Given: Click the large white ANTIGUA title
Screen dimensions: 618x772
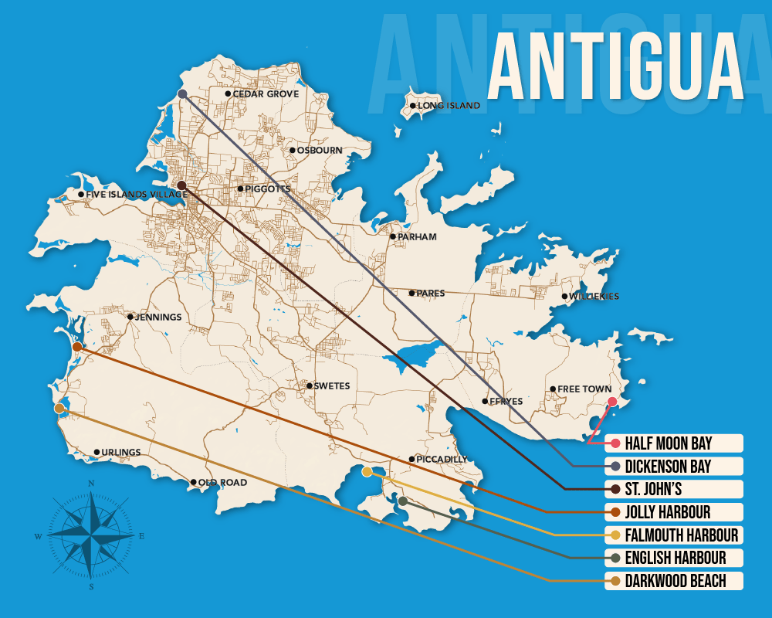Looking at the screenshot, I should pyautogui.click(x=615, y=66).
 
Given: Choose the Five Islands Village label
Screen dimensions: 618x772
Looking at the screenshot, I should pyautogui.click(x=135, y=195).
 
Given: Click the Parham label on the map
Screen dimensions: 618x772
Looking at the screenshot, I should pyautogui.click(x=417, y=237).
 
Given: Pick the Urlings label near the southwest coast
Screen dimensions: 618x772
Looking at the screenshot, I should pyautogui.click(x=121, y=453).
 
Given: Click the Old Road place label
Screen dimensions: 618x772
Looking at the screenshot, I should pyautogui.click(x=222, y=483).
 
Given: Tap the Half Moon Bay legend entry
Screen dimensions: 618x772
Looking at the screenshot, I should pyautogui.click(x=668, y=443).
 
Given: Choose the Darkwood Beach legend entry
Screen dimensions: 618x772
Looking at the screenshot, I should pyautogui.click(x=675, y=581).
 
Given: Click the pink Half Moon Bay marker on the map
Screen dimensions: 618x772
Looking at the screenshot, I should pyautogui.click(x=611, y=402).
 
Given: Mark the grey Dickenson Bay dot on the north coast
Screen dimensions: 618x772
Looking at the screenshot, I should pyautogui.click(x=183, y=93).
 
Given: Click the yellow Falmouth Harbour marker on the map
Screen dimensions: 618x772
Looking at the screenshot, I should pyautogui.click(x=367, y=471).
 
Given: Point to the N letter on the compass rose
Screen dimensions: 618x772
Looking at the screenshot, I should pyautogui.click(x=91, y=484).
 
